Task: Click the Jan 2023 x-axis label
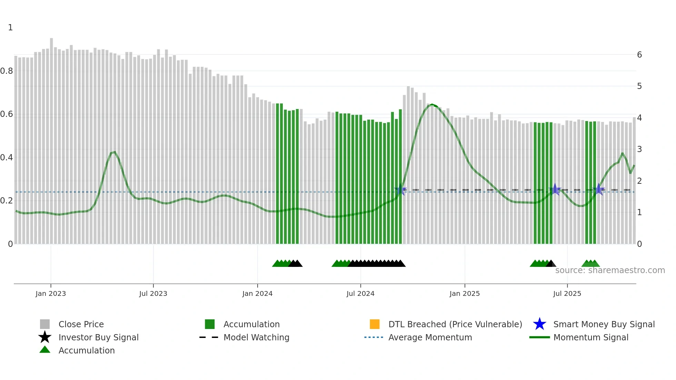tap(50, 293)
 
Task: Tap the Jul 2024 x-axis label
tap(360, 293)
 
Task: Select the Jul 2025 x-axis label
tap(567, 293)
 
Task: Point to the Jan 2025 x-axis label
tap(465, 293)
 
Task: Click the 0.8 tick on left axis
tap(7, 71)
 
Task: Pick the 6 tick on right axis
tap(639, 55)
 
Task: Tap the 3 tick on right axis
tap(639, 149)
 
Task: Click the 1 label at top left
tap(10, 28)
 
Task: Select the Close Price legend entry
tap(81, 324)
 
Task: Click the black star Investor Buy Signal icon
tap(45, 337)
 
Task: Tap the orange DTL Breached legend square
tap(375, 324)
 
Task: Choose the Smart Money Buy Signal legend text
tap(604, 324)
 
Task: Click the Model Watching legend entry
tap(256, 337)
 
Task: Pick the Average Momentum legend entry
tap(430, 337)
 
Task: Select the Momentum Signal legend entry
tap(591, 337)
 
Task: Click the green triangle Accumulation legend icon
tap(45, 350)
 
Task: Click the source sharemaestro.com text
tap(610, 270)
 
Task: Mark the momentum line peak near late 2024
tap(432, 104)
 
